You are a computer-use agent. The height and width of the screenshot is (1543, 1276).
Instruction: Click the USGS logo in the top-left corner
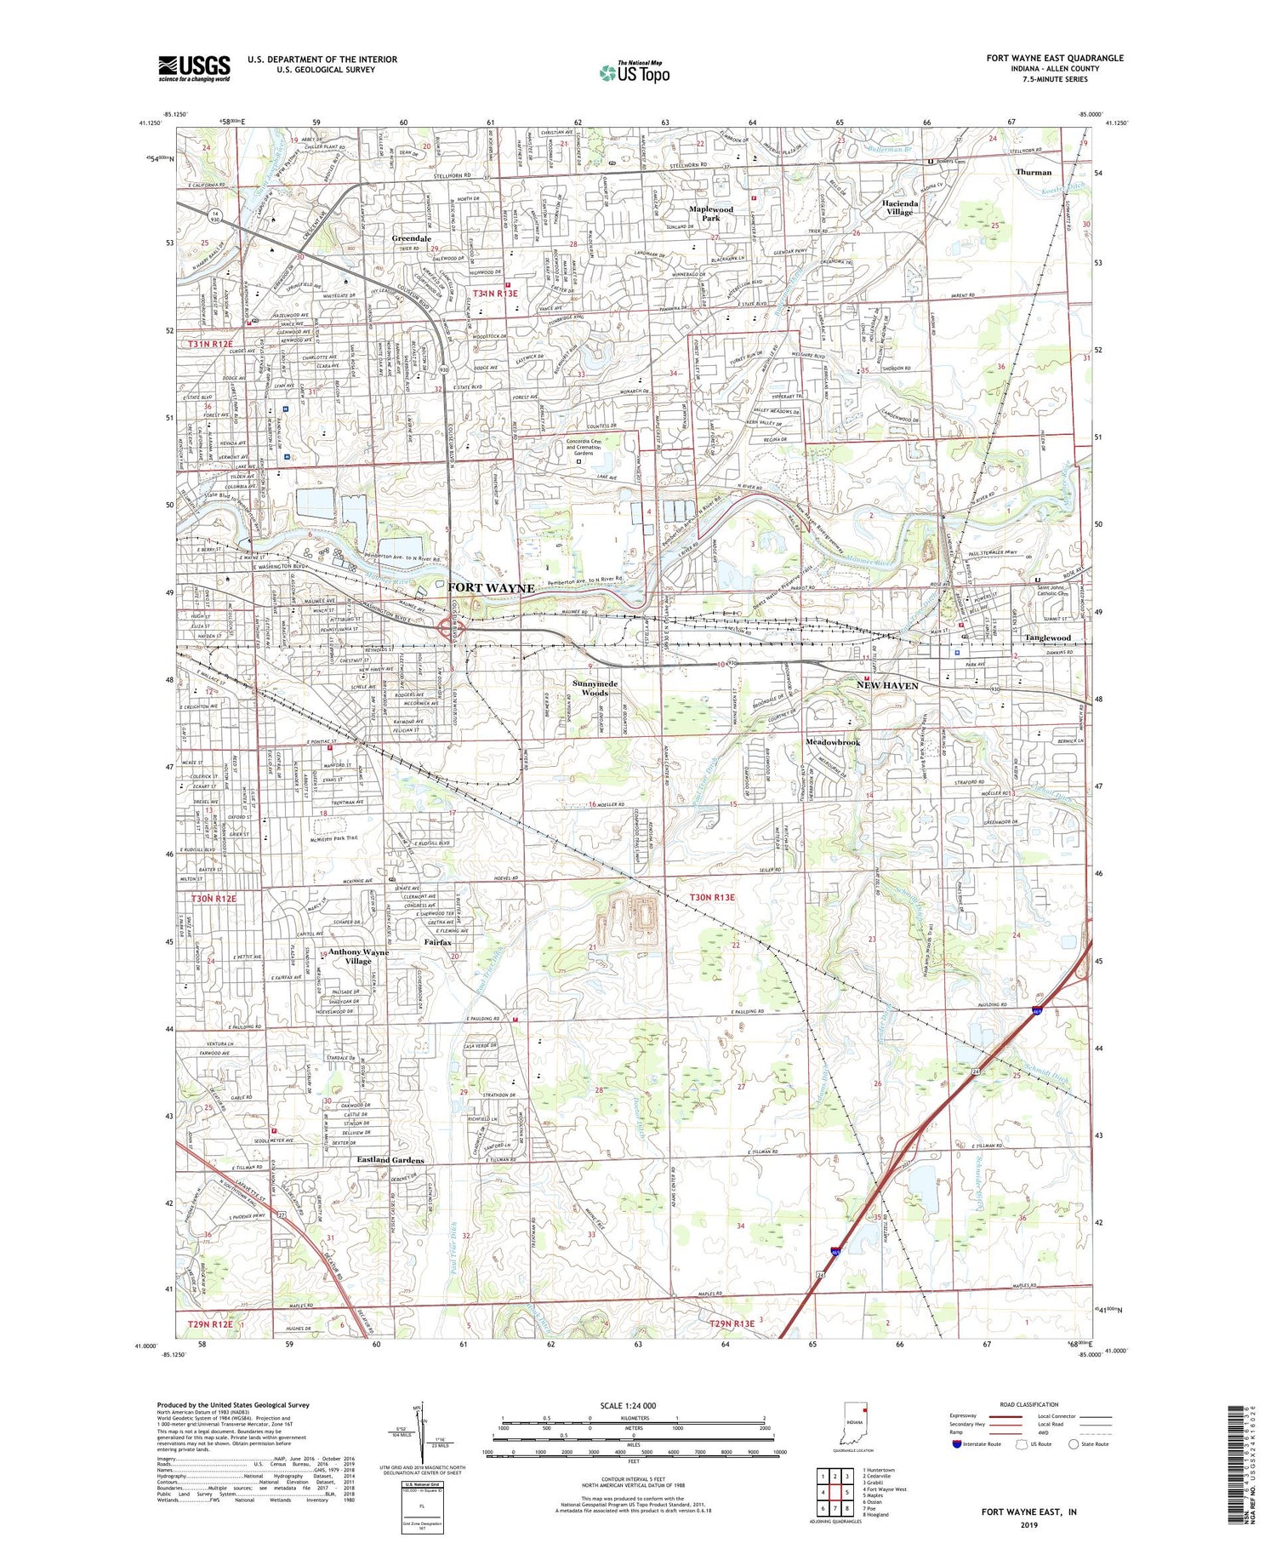(x=194, y=68)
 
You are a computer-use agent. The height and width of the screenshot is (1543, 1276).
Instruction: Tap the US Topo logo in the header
(x=635, y=72)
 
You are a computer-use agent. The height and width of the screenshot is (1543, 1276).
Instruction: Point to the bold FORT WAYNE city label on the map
(x=491, y=588)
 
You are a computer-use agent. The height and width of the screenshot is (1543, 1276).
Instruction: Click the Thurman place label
(x=1033, y=172)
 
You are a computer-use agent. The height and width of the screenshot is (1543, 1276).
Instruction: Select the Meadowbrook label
(x=833, y=742)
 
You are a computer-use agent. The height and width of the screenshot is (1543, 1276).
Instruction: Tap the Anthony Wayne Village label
(x=358, y=957)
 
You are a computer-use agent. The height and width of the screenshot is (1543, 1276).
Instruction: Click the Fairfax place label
(x=438, y=943)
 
